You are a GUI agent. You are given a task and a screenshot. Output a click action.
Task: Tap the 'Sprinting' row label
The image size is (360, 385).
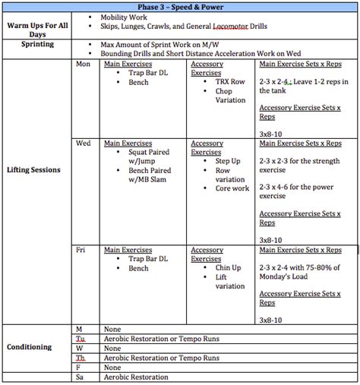coord(36,45)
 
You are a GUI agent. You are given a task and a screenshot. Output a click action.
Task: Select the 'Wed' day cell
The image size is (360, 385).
coord(83,143)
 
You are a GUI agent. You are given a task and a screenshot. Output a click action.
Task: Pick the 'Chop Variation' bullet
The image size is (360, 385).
coord(230,96)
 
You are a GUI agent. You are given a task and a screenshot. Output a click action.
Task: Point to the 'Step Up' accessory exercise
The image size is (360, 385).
coord(229,161)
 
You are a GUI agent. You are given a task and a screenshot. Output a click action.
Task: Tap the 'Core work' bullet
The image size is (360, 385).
coord(232,188)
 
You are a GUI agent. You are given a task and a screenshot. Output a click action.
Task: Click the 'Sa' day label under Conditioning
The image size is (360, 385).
coord(79,377)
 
